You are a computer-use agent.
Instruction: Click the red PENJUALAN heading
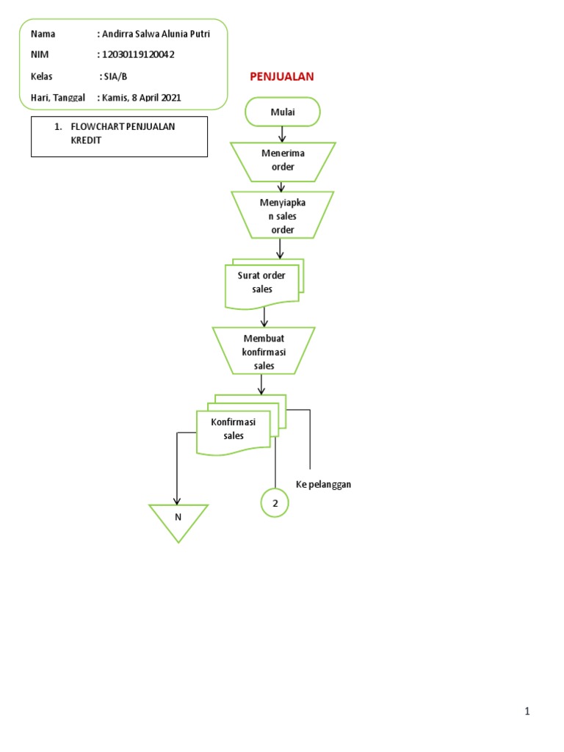pos(282,76)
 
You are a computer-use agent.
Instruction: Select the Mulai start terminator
pos(283,112)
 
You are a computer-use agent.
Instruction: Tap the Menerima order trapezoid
pos(283,161)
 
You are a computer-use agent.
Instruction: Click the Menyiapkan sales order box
pos(282,216)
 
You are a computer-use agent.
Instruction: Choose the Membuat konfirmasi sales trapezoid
pos(263,352)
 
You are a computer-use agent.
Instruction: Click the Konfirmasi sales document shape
pos(233,430)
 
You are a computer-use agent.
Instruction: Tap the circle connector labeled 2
pos(275,503)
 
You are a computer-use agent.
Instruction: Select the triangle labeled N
pos(178,520)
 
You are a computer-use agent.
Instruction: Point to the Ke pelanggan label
pos(324,485)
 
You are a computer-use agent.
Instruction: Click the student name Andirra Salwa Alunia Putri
pos(155,35)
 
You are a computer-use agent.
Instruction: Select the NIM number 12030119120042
pos(139,55)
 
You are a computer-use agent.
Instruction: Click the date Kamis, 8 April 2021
pos(141,97)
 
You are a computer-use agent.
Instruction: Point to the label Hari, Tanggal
pos(58,97)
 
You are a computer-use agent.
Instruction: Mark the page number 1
pos(527,711)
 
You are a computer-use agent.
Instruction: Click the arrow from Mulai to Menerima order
pos(282,134)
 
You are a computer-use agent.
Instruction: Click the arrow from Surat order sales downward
pos(264,316)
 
